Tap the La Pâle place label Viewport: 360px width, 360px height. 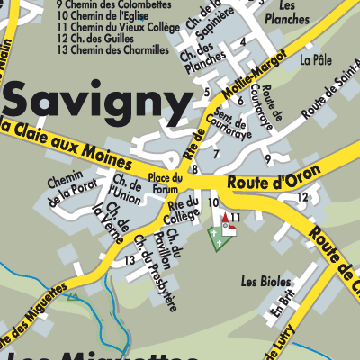316,59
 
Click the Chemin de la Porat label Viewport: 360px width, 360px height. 72,187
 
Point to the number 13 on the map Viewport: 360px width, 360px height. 130,260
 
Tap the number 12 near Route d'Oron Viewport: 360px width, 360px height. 302,197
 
